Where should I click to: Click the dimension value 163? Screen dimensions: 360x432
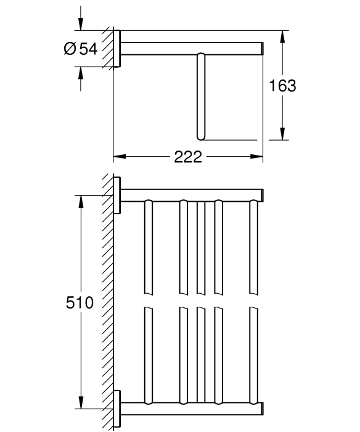282,86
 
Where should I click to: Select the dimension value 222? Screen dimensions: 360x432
188,157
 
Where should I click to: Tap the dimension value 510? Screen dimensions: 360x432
80,302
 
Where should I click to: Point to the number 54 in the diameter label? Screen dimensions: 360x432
88,49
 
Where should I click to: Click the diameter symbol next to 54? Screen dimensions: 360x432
70,49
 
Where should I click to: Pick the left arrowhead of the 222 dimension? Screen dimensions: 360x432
120,157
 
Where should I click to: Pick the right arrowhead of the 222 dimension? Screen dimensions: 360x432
256,157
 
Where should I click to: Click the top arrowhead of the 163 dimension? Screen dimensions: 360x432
282,36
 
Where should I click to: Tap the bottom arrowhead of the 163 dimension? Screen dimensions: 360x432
282,134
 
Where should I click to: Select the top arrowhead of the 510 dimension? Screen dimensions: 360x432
81,202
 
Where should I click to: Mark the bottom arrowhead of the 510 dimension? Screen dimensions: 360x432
81,402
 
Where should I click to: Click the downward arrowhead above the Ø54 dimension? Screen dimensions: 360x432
80,24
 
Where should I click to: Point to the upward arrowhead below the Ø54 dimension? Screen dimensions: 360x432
80,73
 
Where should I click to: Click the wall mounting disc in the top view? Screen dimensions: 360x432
117,49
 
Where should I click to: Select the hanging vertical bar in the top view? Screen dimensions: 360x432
201,96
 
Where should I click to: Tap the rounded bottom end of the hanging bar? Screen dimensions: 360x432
201,138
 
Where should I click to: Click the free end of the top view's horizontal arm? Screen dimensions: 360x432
263,49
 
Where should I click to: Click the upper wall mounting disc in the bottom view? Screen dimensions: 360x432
117,196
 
